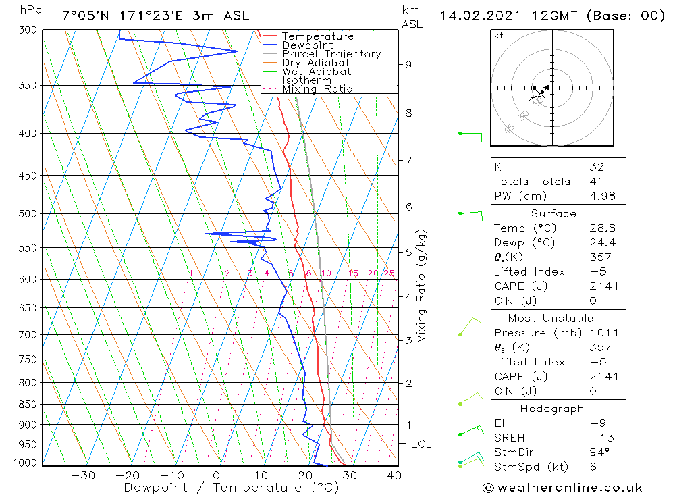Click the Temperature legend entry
click(x=317, y=37)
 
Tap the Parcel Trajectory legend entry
click(x=331, y=54)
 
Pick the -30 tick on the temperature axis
click(x=83, y=475)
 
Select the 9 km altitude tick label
click(x=408, y=65)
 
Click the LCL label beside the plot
click(x=421, y=444)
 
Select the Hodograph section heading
click(x=553, y=409)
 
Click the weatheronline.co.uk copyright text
click(x=562, y=488)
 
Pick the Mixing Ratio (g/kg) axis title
click(x=421, y=286)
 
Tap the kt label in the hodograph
click(x=499, y=36)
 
